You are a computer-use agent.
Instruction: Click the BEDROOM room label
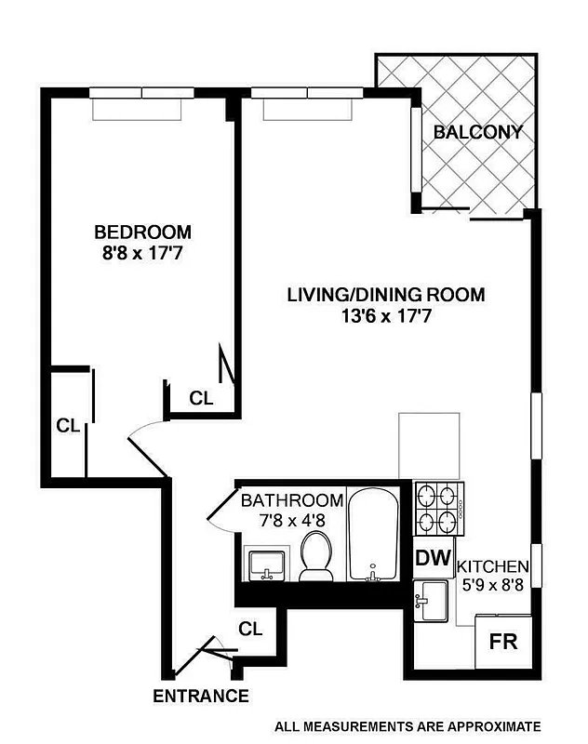click(x=143, y=232)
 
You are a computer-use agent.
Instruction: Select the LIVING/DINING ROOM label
click(x=385, y=296)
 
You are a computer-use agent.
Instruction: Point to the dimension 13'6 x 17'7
click(x=385, y=316)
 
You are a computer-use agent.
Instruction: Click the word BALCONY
click(x=477, y=132)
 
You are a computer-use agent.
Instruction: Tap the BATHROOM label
click(x=292, y=500)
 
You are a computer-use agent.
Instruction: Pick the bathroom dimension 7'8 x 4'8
click(x=292, y=520)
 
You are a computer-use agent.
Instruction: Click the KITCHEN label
click(x=495, y=566)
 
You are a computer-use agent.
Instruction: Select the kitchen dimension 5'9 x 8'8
click(x=495, y=587)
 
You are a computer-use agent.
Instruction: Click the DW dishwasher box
click(x=433, y=559)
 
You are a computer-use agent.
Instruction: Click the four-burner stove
click(x=437, y=508)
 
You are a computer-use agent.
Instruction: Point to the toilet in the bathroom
click(x=316, y=556)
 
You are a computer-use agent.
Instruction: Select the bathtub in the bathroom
click(x=373, y=535)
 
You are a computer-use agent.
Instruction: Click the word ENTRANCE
click(x=201, y=696)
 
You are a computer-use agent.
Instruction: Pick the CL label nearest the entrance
click(x=250, y=628)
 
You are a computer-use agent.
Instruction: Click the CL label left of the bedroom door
click(x=66, y=426)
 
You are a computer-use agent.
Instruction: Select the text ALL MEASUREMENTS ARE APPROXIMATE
click(x=407, y=725)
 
